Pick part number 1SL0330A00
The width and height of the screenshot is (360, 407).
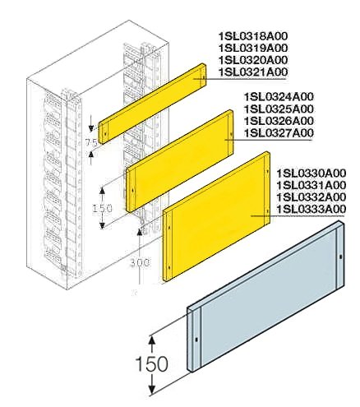tap(311, 173)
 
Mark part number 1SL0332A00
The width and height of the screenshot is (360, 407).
tap(311, 197)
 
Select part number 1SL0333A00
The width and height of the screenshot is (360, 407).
tap(311, 210)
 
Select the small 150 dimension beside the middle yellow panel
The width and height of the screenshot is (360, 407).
tap(102, 209)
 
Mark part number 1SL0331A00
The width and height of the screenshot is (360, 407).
tap(311, 185)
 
